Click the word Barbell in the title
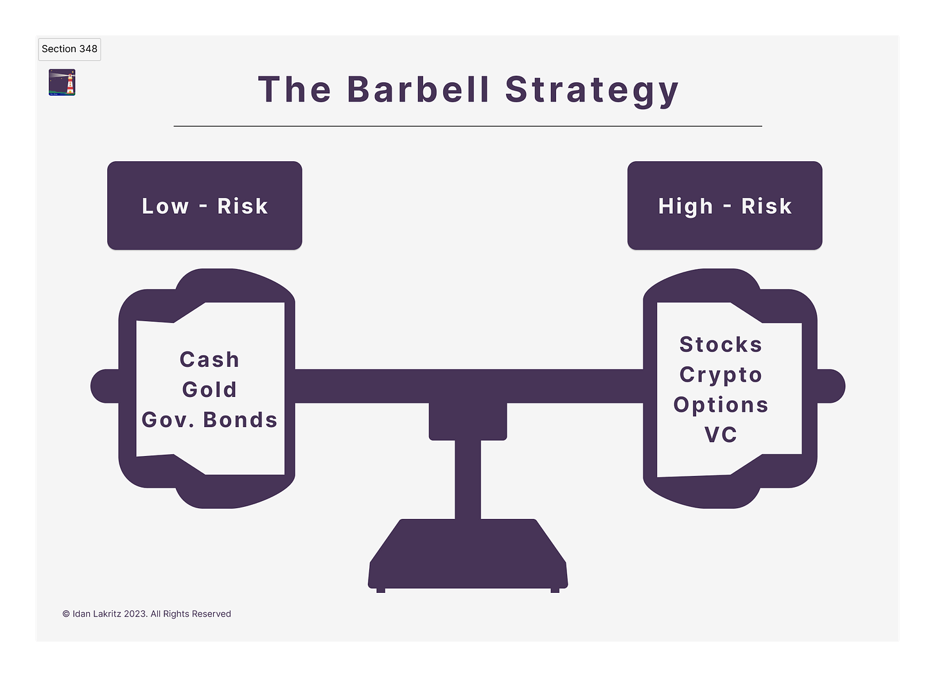[418, 89]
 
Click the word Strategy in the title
[591, 89]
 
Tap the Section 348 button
[69, 49]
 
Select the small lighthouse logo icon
[62, 83]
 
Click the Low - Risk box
[204, 206]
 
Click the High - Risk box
[724, 206]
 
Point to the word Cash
[209, 360]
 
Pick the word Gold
[209, 390]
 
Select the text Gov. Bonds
[209, 420]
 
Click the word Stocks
[721, 345]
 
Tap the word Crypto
[721, 375]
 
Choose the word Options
[721, 405]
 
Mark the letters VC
[721, 435]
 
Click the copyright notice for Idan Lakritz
[146, 614]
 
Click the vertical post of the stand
[468, 479]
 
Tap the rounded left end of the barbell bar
[104, 386]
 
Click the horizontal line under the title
[468, 127]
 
